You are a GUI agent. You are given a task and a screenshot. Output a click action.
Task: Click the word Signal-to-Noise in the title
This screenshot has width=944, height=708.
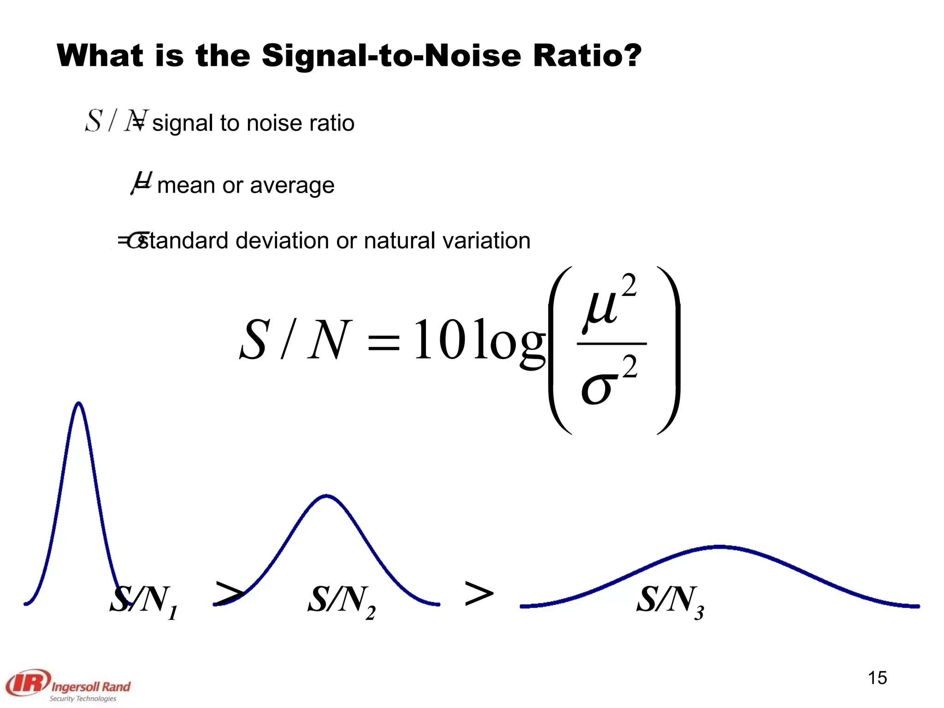point(392,56)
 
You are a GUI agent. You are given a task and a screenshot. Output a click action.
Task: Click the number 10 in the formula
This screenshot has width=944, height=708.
point(440,340)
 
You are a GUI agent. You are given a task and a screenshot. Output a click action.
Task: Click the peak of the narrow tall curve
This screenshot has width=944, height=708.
point(79,404)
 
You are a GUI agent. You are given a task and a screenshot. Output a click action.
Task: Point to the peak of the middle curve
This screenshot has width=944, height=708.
point(326,496)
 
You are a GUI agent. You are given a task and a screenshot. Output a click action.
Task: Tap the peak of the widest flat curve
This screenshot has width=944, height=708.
point(720,547)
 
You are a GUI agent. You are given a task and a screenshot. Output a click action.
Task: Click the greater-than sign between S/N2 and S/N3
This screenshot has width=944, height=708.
point(479,594)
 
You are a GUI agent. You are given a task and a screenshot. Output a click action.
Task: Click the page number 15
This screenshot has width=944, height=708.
point(877,678)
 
